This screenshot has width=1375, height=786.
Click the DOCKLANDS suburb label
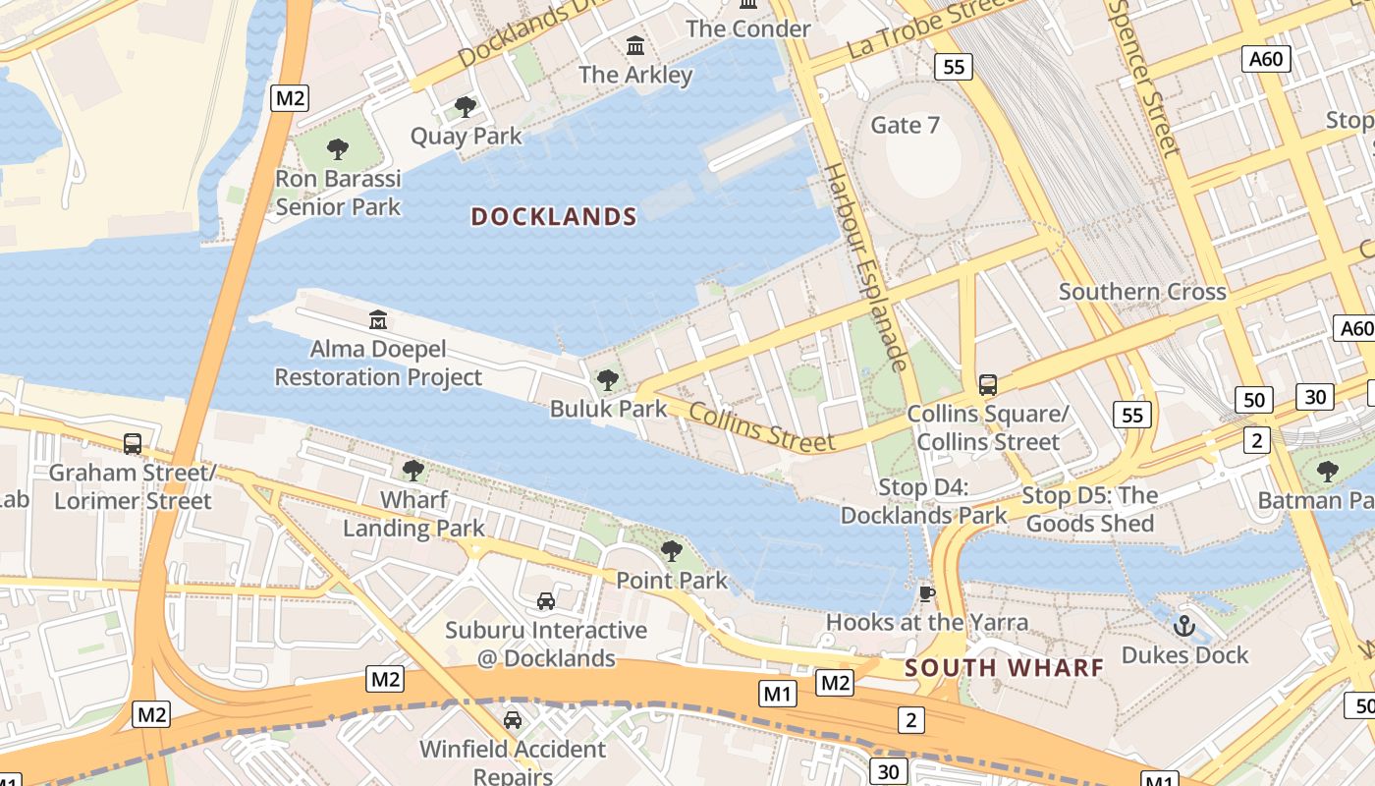[x=554, y=216]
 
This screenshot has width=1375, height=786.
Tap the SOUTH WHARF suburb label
[x=1004, y=668]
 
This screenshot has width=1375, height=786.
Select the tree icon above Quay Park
[x=466, y=106]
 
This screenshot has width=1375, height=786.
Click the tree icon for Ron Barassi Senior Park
[x=338, y=149]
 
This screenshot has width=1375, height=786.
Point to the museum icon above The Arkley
[x=635, y=45]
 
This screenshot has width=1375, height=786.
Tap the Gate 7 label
[x=905, y=125]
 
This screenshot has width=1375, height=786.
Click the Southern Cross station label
[x=1142, y=292]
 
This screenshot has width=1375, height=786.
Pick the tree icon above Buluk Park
[x=608, y=379]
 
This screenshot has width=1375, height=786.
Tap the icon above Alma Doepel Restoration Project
[x=378, y=319]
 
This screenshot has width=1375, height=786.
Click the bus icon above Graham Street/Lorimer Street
[x=133, y=443]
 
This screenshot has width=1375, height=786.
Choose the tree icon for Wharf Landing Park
[x=413, y=470]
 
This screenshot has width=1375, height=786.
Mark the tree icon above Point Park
[x=672, y=550]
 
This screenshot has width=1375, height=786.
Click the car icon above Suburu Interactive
[x=546, y=600]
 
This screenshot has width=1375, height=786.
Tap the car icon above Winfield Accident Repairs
[x=513, y=720]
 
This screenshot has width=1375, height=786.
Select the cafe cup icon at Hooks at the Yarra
[x=926, y=592]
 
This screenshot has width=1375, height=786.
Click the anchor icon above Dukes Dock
[x=1184, y=625]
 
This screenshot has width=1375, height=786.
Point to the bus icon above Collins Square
[x=988, y=384]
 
